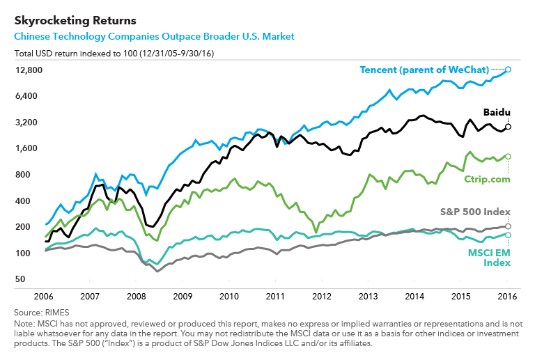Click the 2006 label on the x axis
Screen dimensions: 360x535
(44, 296)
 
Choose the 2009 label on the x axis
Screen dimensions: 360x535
(183, 296)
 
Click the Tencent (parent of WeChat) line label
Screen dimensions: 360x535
(424, 70)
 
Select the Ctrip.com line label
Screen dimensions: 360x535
(487, 179)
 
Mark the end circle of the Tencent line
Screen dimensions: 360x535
(509, 70)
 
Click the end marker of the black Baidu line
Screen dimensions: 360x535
(509, 127)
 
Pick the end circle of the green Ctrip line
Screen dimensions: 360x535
(509, 157)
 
